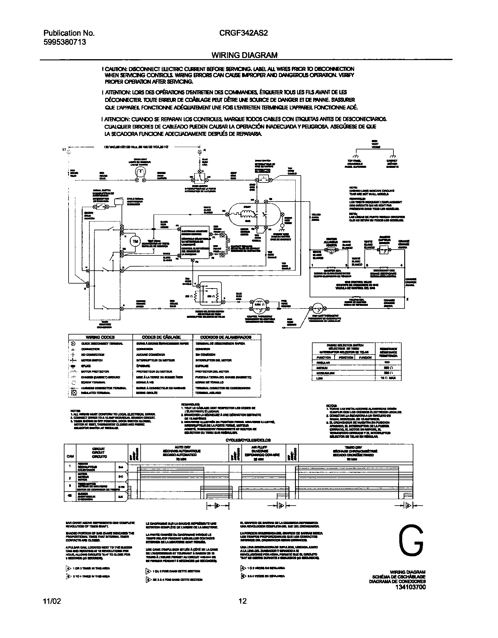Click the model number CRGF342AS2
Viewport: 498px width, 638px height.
tap(243, 33)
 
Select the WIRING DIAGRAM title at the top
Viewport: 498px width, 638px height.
tap(244, 55)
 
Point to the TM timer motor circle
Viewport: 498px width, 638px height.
tap(135, 241)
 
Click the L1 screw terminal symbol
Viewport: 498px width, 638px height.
tap(69, 152)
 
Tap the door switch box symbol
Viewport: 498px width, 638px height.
tap(200, 177)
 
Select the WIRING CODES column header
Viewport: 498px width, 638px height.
tap(100, 337)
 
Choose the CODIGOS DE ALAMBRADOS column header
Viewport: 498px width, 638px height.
tap(226, 337)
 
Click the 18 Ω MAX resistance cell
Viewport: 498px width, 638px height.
tap(388, 378)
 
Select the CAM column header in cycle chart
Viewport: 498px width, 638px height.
tap(70, 456)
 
